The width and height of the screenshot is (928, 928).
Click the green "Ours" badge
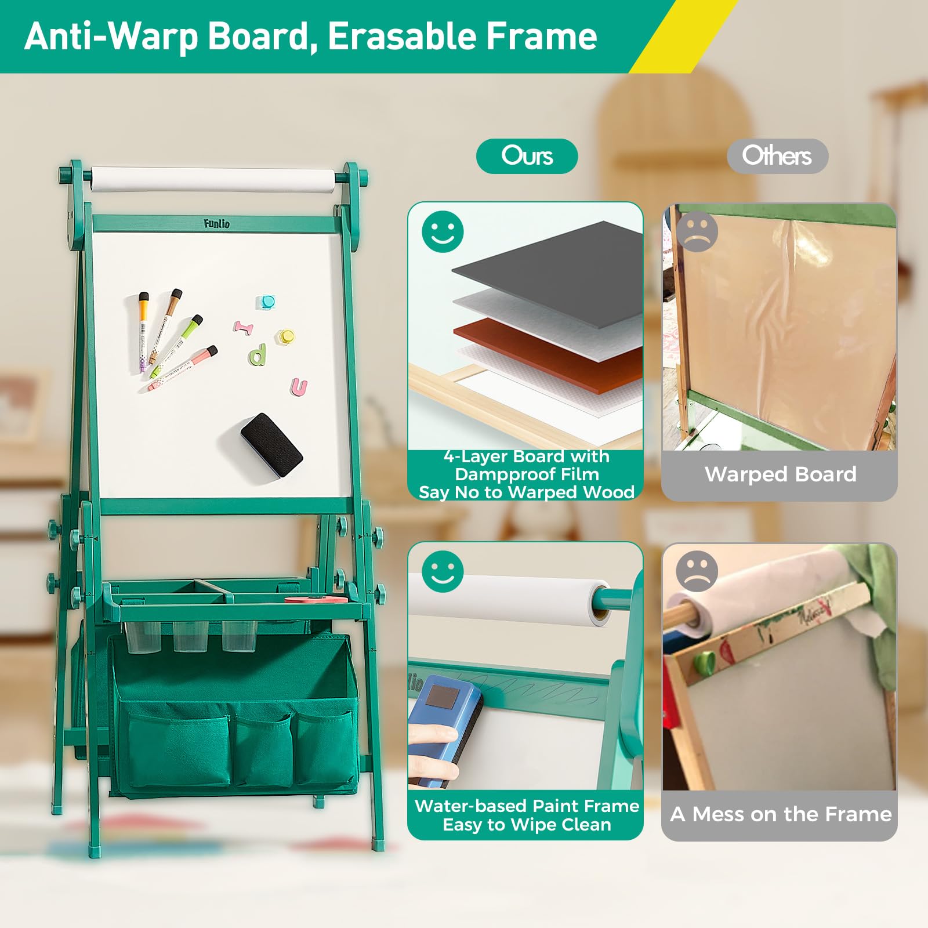(527, 156)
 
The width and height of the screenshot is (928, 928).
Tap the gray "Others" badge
(777, 156)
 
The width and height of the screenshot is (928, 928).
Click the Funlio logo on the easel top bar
(216, 223)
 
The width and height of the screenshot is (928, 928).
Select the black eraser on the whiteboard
(271, 445)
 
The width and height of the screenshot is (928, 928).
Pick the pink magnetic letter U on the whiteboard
(299, 387)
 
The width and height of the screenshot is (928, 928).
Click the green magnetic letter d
(258, 354)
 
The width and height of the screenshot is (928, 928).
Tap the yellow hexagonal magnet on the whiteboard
(285, 336)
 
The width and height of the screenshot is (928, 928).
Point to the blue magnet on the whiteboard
(266, 302)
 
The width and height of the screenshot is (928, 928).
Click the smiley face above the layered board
(443, 231)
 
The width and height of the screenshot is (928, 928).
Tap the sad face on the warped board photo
(697, 231)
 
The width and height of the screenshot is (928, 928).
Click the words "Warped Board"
(780, 474)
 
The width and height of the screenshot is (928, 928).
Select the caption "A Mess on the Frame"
(781, 814)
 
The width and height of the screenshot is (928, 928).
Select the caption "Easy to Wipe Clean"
(527, 825)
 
